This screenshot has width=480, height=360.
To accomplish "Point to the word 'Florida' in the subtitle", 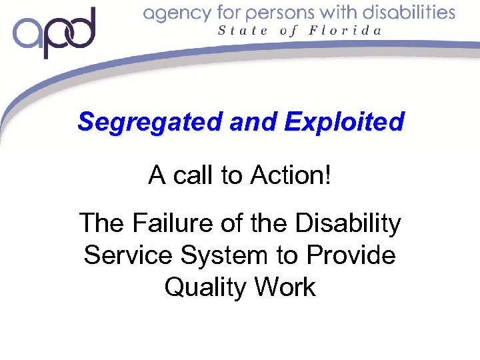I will coord(349,30).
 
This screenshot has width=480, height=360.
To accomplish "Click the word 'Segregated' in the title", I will coord(150,122).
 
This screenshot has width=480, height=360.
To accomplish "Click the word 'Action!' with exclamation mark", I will coord(291,175).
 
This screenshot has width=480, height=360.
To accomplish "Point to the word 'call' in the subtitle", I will coord(195,175).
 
